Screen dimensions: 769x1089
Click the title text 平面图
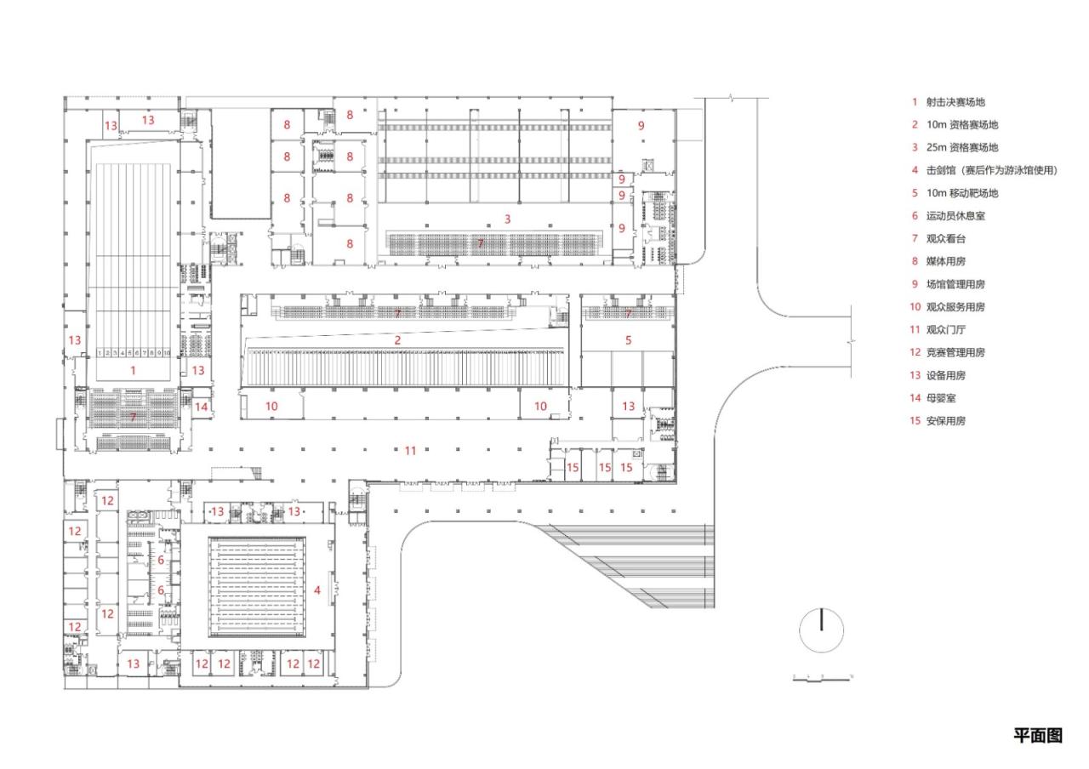(1037, 736)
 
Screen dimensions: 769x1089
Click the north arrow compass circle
(822, 631)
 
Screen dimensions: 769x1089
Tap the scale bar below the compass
(822, 678)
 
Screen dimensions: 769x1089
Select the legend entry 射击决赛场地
(955, 102)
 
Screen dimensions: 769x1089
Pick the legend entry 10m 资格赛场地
(961, 125)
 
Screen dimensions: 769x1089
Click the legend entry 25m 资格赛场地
(961, 148)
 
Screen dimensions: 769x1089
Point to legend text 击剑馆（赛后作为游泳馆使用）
(991, 170)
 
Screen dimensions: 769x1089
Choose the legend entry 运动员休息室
(955, 216)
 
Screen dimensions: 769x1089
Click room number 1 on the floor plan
(133, 371)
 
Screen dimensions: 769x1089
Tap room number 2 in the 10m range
(397, 339)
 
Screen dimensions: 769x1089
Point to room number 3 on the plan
(508, 219)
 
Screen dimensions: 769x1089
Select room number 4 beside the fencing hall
(318, 590)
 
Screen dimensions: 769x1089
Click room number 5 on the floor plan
(629, 339)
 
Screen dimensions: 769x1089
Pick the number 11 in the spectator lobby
(410, 450)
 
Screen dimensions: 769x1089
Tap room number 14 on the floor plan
(201, 407)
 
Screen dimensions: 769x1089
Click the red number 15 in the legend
(915, 420)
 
